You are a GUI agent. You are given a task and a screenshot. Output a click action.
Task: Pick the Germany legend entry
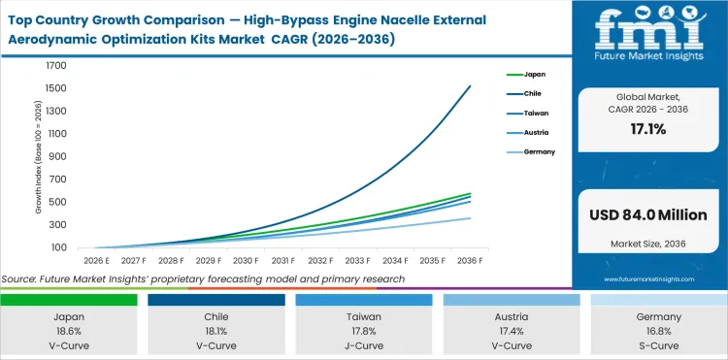point(539,151)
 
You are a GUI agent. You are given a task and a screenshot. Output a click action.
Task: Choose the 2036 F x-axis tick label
point(470,260)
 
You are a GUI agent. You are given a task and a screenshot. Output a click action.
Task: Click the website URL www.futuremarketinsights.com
point(648,278)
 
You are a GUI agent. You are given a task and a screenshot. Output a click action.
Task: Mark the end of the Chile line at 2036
point(471,86)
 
